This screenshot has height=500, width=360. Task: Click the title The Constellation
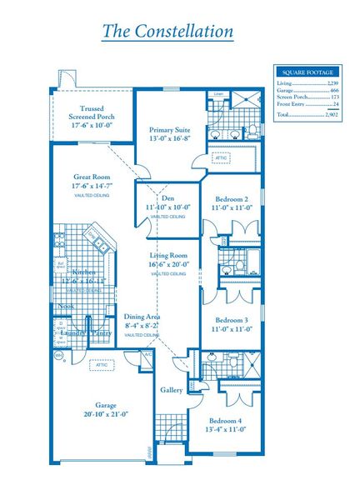[x=167, y=32]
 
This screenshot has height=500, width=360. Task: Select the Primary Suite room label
[x=169, y=130]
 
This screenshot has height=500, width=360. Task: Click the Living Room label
[x=167, y=255]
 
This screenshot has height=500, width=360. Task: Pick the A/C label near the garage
[x=147, y=354]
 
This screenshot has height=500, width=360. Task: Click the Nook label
[x=65, y=306]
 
